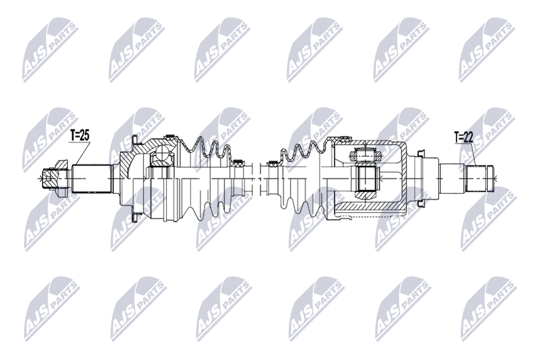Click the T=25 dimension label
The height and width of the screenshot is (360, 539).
coord(80,136)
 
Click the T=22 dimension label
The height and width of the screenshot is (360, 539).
coord(464,137)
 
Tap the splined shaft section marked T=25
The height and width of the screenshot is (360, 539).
coord(92,179)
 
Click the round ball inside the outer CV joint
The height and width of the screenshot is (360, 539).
coord(162,157)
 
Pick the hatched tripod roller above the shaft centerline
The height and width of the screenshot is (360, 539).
coord(366,155)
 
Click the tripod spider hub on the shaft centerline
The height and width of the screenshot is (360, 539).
coord(367,179)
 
